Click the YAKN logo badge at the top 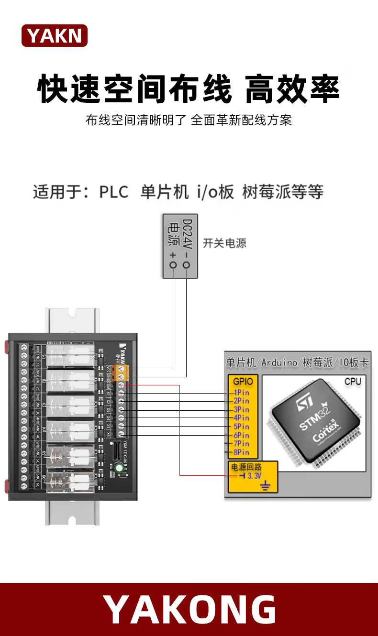tap(55, 36)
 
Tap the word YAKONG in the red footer tap(189, 610)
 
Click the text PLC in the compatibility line tap(114, 192)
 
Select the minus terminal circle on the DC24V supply tap(186, 265)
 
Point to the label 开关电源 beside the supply tap(224, 243)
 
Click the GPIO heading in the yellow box tap(243, 382)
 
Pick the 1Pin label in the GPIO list tap(241, 393)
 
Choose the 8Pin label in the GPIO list tap(241, 452)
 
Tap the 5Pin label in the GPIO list tap(241, 427)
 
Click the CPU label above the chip tap(353, 382)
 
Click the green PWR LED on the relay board tap(117, 469)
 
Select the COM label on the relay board tap(109, 384)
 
